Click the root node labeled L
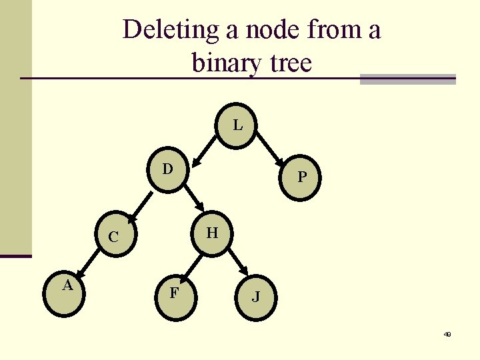click(x=237, y=125)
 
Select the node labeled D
click(x=168, y=171)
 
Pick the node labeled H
click(x=212, y=233)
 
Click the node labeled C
click(x=114, y=237)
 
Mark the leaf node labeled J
click(x=255, y=296)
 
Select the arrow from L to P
click(x=271, y=147)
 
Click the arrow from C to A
click(x=87, y=262)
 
